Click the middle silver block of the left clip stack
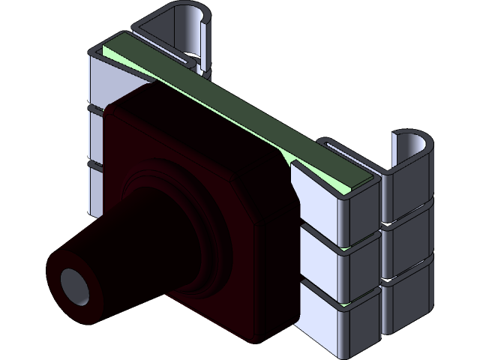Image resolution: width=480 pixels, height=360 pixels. click(96, 135)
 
